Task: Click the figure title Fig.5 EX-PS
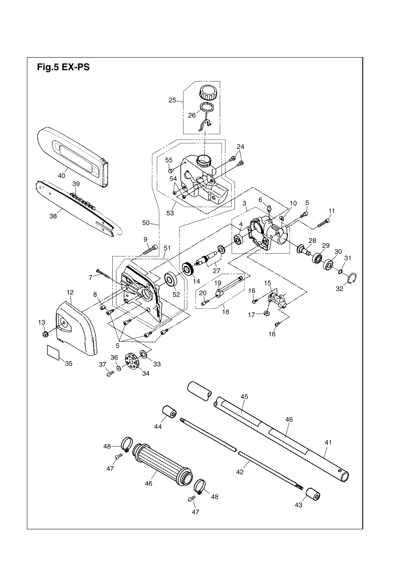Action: [63, 67]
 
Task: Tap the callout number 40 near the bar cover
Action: [61, 176]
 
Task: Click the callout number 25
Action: [172, 100]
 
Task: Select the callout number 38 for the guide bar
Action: [53, 217]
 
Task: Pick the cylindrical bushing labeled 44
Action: [169, 413]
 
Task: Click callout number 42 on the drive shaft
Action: [240, 472]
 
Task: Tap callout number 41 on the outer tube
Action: [328, 442]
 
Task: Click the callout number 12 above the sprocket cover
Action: [70, 292]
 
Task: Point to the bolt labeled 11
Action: [324, 222]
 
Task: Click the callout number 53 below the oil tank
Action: [170, 213]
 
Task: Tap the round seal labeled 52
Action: [171, 280]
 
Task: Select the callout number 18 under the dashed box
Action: [226, 312]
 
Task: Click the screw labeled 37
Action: [111, 373]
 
